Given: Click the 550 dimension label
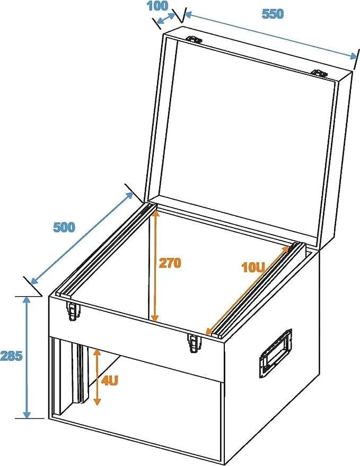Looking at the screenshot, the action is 273,14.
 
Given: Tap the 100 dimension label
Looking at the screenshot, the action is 157,6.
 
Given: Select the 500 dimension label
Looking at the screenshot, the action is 64,227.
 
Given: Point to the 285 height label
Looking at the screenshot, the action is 11,356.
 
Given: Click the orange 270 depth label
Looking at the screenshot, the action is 170,263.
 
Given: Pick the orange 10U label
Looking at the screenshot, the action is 253,267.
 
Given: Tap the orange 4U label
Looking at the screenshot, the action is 110,380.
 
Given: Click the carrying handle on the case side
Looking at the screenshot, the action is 276,353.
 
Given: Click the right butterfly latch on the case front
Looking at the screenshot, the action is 194,343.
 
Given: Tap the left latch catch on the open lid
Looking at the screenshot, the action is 194,39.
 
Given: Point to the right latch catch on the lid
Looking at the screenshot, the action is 319,73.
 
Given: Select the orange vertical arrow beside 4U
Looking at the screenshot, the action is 96,377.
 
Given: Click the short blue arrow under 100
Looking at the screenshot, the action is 166,19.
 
